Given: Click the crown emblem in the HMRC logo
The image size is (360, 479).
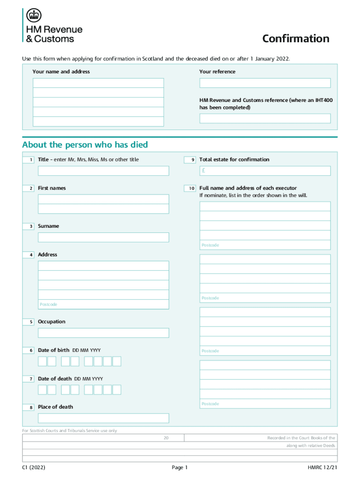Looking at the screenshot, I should (x=33, y=15).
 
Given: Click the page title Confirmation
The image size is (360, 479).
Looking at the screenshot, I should (x=295, y=38).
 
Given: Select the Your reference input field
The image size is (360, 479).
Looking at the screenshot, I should (x=265, y=83).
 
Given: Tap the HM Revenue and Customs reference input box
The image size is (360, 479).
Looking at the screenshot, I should (x=265, y=118).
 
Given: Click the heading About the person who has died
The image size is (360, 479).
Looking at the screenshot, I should (x=85, y=145).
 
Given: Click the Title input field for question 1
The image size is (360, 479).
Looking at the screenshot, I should (x=103, y=171).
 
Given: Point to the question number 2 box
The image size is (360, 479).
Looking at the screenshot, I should (x=31, y=188).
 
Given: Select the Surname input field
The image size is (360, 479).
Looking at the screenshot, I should (x=103, y=237).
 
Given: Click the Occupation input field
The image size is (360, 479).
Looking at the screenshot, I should (x=103, y=333).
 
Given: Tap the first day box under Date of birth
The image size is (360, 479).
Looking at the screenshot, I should (x=42, y=361).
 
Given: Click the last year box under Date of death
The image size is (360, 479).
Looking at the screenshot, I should (x=117, y=390).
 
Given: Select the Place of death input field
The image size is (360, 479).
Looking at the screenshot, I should (x=103, y=418).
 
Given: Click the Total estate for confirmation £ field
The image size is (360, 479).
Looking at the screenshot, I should (x=265, y=171).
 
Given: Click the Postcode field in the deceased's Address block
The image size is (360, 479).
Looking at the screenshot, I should (x=103, y=305).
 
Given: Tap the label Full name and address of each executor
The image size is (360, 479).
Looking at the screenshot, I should (x=248, y=188).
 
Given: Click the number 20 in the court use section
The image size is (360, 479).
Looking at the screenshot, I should (x=166, y=438).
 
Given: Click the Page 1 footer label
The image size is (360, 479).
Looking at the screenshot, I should (x=180, y=467).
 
